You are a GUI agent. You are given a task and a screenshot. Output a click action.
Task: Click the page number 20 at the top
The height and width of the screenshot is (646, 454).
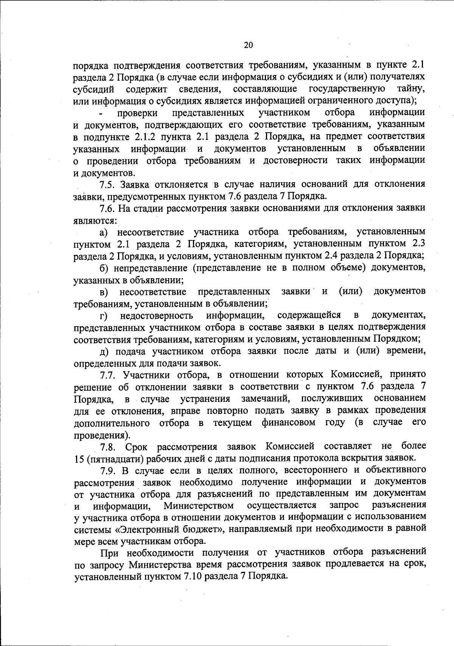tap(248, 45)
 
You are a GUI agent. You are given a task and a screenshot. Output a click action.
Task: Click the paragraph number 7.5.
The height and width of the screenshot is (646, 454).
tap(107, 184)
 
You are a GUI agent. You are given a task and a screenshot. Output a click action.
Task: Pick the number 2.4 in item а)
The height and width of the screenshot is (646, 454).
tap(332, 256)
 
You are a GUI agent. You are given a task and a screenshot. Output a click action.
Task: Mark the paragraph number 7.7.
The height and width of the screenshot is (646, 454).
tap(107, 375)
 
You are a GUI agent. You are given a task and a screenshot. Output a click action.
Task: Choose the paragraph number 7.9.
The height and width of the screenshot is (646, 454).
tap(107, 471)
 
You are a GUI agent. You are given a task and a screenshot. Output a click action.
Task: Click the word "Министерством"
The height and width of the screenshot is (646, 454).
tap(199, 506)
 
